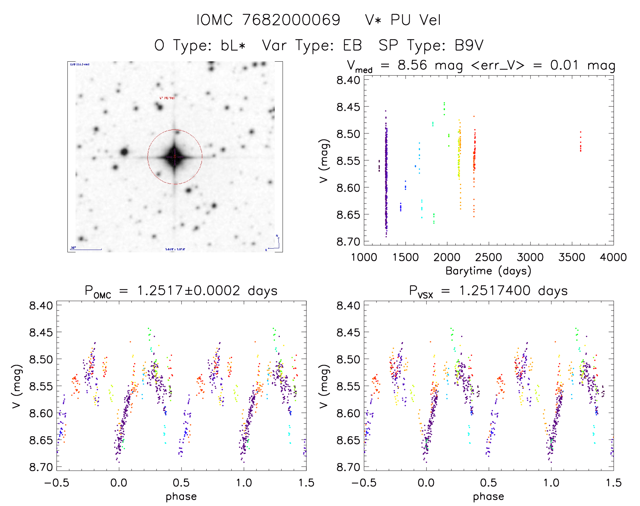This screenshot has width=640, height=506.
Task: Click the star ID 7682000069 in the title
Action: coord(291,20)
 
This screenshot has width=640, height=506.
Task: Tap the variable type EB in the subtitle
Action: coord(352,45)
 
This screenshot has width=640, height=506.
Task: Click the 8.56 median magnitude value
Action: coord(412,65)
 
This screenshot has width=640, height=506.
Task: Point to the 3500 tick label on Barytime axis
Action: coord(572,257)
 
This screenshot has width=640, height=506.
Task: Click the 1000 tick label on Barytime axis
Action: coord(364,257)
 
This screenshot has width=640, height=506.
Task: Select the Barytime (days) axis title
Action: coord(488,271)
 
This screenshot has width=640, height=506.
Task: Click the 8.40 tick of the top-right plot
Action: coord(348,80)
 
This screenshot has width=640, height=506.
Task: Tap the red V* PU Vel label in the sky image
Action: coord(167,98)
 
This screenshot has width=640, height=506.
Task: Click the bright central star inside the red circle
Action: coord(175,157)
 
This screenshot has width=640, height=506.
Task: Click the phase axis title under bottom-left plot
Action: coord(181,497)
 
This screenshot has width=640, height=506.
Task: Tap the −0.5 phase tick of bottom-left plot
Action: coord(57,483)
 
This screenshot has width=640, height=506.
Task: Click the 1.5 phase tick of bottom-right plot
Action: coord(613,483)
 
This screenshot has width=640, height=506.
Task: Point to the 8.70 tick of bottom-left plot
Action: coord(41,467)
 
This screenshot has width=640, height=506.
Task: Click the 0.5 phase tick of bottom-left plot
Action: coord(181,483)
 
